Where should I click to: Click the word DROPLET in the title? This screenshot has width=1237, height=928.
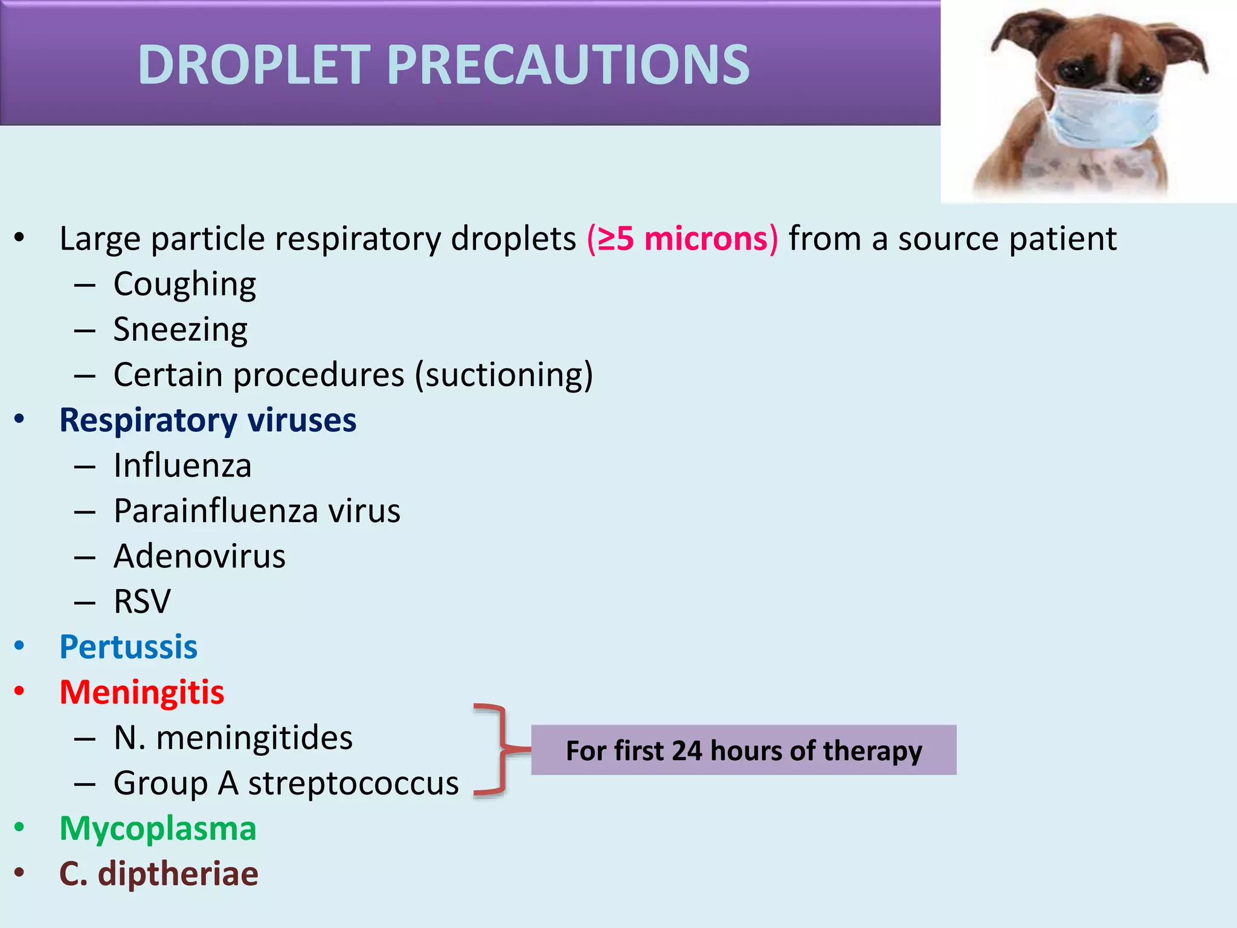tap(254, 65)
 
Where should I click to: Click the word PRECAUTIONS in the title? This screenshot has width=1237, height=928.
tap(568, 65)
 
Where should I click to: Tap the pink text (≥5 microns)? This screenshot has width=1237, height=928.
tap(683, 238)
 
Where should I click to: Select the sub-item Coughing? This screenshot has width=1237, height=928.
tap(184, 284)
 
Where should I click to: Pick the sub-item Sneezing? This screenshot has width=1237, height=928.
tap(180, 330)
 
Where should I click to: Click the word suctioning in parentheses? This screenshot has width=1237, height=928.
tap(504, 375)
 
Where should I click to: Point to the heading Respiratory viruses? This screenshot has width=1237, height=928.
tap(208, 420)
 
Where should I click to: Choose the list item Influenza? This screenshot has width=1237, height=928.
tap(182, 466)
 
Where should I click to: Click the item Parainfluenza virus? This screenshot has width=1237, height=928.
tap(257, 511)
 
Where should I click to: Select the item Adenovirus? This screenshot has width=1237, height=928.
tap(199, 556)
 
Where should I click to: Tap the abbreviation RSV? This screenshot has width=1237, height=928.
tap(143, 602)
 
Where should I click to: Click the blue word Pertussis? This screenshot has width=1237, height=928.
tap(128, 647)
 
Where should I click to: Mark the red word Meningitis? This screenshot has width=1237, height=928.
tap(142, 692)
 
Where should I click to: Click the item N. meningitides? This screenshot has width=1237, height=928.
tap(233, 738)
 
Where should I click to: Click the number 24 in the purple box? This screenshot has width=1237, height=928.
tap(687, 751)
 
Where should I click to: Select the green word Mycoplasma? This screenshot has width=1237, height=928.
tap(158, 828)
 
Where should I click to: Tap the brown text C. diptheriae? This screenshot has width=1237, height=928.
tap(159, 874)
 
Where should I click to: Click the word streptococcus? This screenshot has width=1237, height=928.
tap(353, 784)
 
